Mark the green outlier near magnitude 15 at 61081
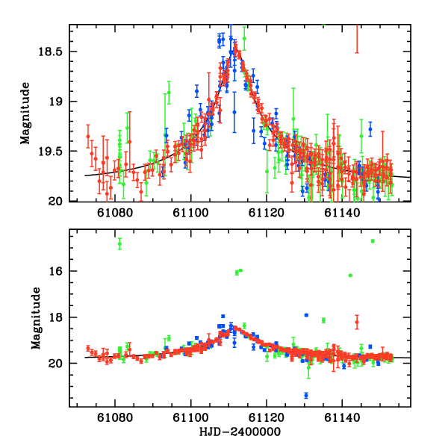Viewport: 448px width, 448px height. point(119,243)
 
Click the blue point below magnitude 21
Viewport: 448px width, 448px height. point(306,395)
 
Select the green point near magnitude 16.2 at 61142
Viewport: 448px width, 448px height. point(350,276)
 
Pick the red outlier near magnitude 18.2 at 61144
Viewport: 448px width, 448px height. point(357,322)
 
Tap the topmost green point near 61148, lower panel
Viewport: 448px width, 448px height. point(373,241)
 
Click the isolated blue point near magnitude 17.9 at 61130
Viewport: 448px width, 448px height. point(306,315)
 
